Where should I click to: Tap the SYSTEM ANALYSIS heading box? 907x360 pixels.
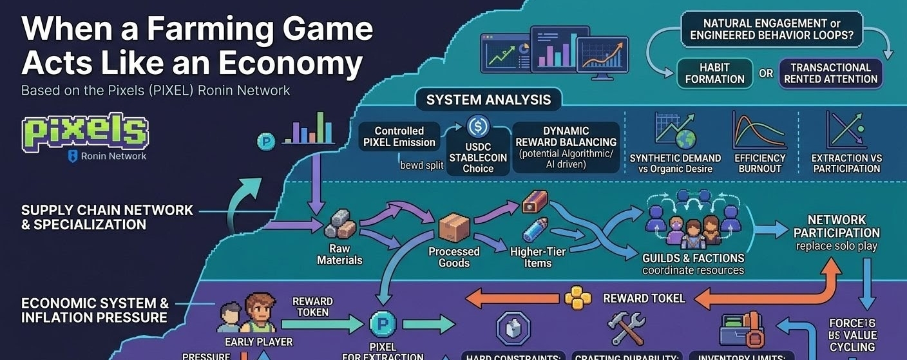tap(488, 100)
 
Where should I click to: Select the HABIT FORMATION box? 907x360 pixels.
tap(714, 73)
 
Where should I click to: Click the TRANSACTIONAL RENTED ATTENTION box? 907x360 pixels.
tap(830, 73)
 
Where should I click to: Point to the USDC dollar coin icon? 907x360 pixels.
tap(478, 126)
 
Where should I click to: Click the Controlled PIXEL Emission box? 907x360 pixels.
tap(399, 137)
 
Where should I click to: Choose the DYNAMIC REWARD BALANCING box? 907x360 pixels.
tap(566, 147)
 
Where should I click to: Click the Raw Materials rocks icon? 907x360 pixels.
tap(339, 225)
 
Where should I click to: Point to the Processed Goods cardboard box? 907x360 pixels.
tap(454, 227)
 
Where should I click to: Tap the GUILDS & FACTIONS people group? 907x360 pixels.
tap(692, 226)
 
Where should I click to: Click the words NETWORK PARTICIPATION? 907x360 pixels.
tap(836, 226)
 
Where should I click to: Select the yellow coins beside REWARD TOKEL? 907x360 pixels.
tap(577, 298)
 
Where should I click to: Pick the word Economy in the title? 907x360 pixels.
tap(291, 63)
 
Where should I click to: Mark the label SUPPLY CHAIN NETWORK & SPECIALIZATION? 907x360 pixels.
tap(107, 217)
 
